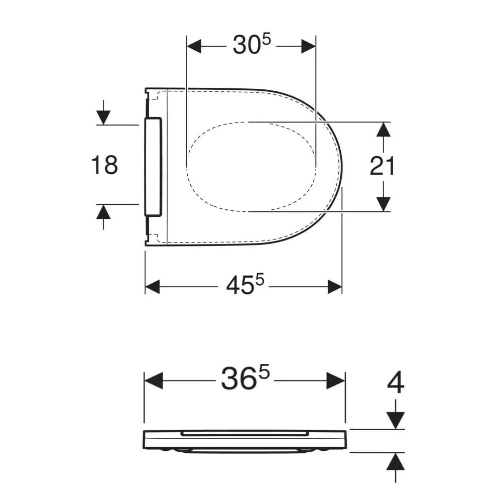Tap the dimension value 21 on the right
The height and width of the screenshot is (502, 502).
pyautogui.click(x=382, y=166)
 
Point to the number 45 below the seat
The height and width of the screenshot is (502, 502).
pyautogui.click(x=239, y=286)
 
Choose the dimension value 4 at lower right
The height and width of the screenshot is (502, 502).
pyautogui.click(x=396, y=383)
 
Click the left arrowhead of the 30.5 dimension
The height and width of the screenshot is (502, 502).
pyautogui.click(x=194, y=46)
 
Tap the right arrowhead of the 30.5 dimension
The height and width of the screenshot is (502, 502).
pyautogui.click(x=308, y=46)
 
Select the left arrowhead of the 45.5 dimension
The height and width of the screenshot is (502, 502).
pyautogui.click(x=153, y=287)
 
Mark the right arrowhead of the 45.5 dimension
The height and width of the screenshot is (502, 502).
pyautogui.click(x=335, y=287)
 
